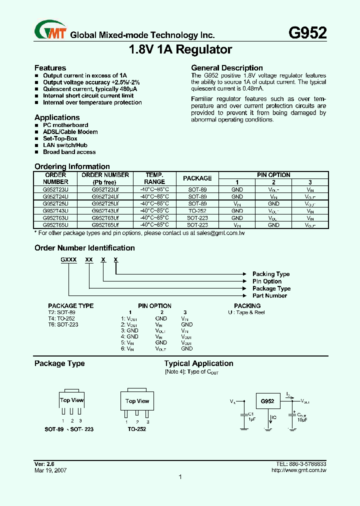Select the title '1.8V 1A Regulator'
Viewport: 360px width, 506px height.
click(180, 50)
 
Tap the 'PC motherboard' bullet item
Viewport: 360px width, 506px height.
click(65, 125)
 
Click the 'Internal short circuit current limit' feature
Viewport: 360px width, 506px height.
click(88, 95)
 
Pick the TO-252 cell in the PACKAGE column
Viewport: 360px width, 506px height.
click(197, 211)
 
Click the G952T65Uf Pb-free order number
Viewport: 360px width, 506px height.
click(105, 225)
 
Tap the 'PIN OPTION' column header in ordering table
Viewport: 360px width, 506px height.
click(273, 175)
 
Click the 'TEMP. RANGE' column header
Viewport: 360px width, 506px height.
click(154, 178)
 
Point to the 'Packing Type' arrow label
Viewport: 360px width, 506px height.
click(271, 274)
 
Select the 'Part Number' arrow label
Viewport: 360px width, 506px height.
click(269, 295)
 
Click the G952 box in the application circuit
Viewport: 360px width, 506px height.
click(268, 401)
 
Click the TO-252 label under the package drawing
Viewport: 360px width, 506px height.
click(136, 429)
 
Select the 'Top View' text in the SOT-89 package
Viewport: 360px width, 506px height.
click(72, 400)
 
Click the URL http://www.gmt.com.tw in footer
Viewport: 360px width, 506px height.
click(298, 470)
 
